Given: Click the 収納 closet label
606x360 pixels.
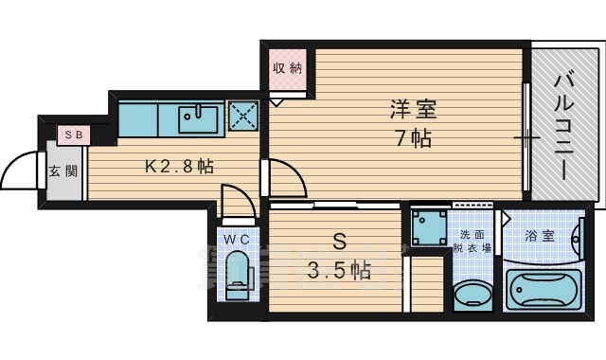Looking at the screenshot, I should click(288, 68).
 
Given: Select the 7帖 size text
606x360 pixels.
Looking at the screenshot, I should click(413, 138).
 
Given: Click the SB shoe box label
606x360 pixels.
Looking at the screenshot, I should click(74, 135).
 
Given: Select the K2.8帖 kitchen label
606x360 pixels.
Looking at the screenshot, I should click(179, 166).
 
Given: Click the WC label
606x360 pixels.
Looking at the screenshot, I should click(236, 240).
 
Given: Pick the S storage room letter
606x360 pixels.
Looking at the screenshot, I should click(339, 241).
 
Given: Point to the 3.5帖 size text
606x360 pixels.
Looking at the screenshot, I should click(338, 271).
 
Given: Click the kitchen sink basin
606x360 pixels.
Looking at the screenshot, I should click(200, 119).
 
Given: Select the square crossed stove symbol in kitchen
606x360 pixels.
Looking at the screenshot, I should click(244, 118).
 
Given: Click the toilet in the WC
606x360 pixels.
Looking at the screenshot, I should click(237, 273).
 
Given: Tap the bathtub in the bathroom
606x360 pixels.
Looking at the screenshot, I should click(544, 288).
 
